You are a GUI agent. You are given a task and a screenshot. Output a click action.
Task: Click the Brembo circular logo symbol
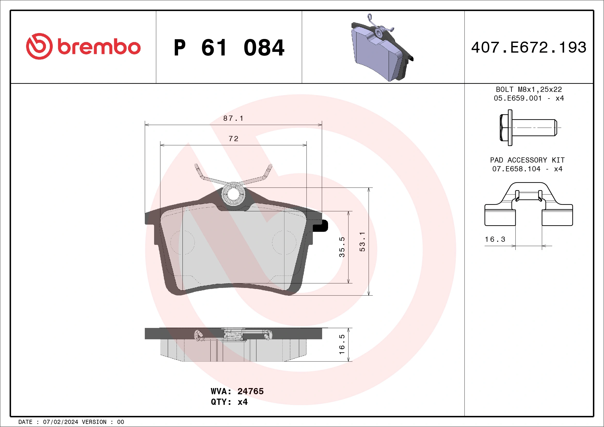coord(39,46)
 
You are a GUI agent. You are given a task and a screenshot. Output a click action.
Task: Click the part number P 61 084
coord(229,48)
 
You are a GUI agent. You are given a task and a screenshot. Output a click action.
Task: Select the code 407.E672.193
coord(529,47)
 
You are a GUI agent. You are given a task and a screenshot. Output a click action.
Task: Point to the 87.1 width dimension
coord(233,118)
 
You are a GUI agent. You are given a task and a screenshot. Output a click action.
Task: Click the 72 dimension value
coord(233,139)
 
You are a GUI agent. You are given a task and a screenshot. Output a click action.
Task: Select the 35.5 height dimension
coord(342,247)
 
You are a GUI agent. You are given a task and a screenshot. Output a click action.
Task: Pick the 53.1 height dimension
coord(362,242)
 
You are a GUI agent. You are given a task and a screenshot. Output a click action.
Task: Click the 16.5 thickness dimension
coord(342,344)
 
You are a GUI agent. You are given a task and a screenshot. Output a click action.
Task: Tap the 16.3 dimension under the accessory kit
coord(495,239)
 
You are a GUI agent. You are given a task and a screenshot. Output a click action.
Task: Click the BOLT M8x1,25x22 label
coord(529,89)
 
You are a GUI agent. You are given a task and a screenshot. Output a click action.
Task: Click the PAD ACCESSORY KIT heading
coord(527,160)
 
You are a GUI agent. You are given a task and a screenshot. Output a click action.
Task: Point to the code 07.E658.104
coord(516,169)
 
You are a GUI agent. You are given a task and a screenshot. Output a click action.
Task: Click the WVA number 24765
coord(250,391)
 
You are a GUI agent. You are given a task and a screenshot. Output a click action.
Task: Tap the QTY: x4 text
coord(229,402)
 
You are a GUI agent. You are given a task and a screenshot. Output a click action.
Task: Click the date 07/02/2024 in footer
coord(60,422)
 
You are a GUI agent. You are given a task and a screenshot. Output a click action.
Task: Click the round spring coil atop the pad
coord(233,194)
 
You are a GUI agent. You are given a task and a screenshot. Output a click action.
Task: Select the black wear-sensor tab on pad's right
coord(322,225)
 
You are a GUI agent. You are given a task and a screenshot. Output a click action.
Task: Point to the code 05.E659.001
coord(518,98)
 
